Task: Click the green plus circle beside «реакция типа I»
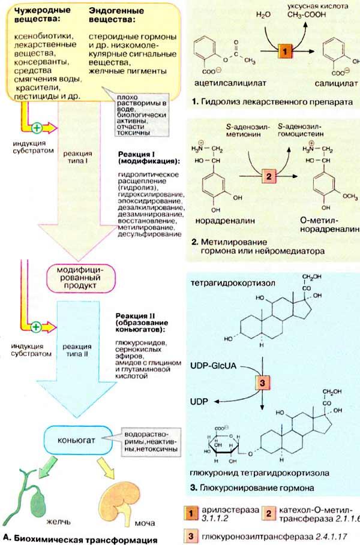coord(36,127)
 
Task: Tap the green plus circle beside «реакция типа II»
coord(36,327)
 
